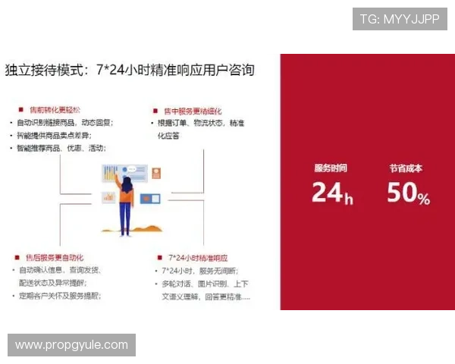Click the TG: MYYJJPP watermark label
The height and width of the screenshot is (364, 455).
click(x=400, y=19)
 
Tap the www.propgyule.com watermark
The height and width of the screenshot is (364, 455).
click(x=72, y=345)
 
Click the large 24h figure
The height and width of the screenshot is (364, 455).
click(x=332, y=193)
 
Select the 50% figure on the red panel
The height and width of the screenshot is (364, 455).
click(x=408, y=194)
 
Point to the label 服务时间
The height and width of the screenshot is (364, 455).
click(x=331, y=168)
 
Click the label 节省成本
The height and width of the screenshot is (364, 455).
click(x=406, y=168)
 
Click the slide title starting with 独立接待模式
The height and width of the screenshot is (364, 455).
click(x=130, y=71)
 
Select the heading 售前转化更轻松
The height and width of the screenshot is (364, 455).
click(x=58, y=109)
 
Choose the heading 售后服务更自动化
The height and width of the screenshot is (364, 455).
click(x=58, y=257)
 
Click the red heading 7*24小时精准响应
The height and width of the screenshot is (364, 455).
click(x=198, y=257)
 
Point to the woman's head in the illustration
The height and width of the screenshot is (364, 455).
click(x=127, y=184)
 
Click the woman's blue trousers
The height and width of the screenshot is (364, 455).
click(x=125, y=218)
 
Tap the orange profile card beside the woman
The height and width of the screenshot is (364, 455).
click(x=156, y=173)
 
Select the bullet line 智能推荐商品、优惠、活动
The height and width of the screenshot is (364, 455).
click(x=64, y=148)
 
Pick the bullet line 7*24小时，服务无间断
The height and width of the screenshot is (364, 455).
click(x=199, y=270)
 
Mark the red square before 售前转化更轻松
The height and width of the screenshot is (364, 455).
click(x=20, y=109)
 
